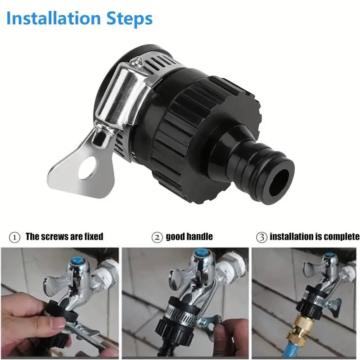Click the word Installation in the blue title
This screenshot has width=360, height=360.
[54, 18]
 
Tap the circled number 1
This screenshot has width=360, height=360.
[14, 238]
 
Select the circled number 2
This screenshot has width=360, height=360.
[157, 238]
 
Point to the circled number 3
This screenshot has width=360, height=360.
[262, 238]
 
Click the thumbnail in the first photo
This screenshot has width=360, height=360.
[57, 324]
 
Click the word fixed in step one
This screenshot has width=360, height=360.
[94, 237]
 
